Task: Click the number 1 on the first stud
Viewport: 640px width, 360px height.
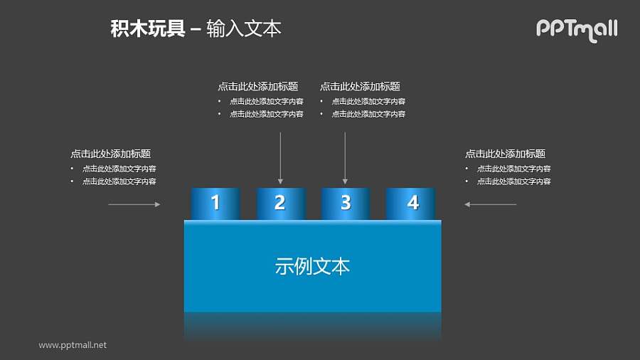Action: tap(215, 203)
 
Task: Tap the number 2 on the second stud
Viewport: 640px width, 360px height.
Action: tap(280, 203)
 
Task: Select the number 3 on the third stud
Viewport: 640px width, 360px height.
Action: tap(346, 203)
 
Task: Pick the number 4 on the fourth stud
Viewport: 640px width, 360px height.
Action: tap(412, 203)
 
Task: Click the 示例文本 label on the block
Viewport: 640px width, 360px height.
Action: tap(312, 267)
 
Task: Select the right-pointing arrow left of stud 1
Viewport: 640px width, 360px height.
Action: tap(134, 205)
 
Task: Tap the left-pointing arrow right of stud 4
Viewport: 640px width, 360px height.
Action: tap(490, 205)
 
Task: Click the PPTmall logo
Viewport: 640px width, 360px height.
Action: tap(576, 29)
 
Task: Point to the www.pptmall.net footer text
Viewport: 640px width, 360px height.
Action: tap(73, 345)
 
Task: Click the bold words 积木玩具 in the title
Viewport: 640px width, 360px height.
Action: tap(147, 29)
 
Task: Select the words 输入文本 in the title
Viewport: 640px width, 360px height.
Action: tap(244, 29)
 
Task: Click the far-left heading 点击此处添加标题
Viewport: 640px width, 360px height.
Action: tap(110, 154)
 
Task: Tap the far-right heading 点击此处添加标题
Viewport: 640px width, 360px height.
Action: tap(505, 154)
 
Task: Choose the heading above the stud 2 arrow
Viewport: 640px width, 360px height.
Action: tap(257, 87)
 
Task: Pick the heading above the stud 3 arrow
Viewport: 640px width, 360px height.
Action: tap(360, 87)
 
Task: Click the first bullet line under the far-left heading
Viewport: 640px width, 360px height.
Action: tap(119, 169)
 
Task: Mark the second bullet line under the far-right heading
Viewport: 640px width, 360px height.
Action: tap(513, 182)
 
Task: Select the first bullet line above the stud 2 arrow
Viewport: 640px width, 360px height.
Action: tap(266, 102)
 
